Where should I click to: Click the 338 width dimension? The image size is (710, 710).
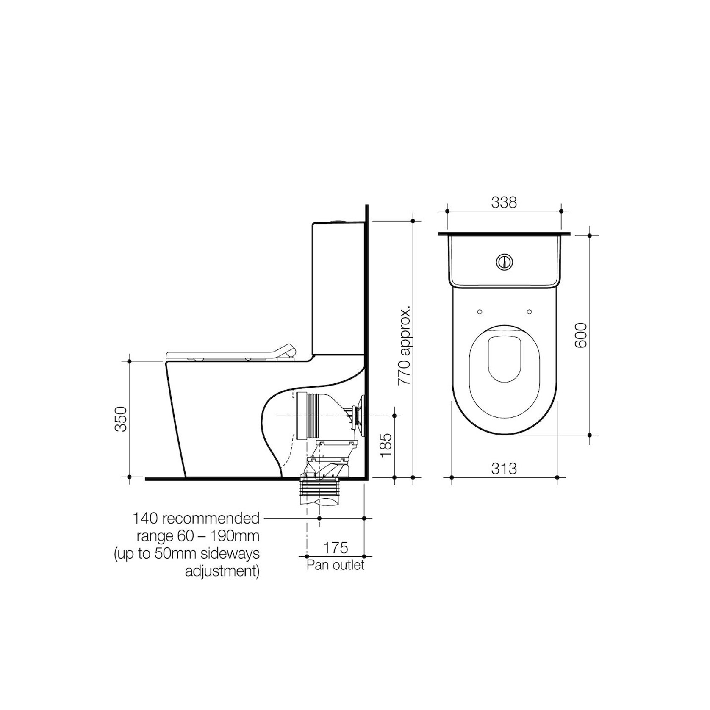click(x=504, y=203)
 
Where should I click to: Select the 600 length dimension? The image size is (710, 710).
click(x=581, y=336)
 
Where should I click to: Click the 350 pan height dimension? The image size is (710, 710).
click(x=121, y=419)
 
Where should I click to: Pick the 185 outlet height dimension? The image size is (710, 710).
click(x=386, y=445)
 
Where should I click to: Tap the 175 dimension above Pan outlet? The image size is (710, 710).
click(x=336, y=547)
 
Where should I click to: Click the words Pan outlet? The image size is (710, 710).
click(x=336, y=565)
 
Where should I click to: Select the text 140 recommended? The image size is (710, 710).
click(x=196, y=518)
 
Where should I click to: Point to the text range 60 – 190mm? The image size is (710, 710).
click(x=198, y=536)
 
